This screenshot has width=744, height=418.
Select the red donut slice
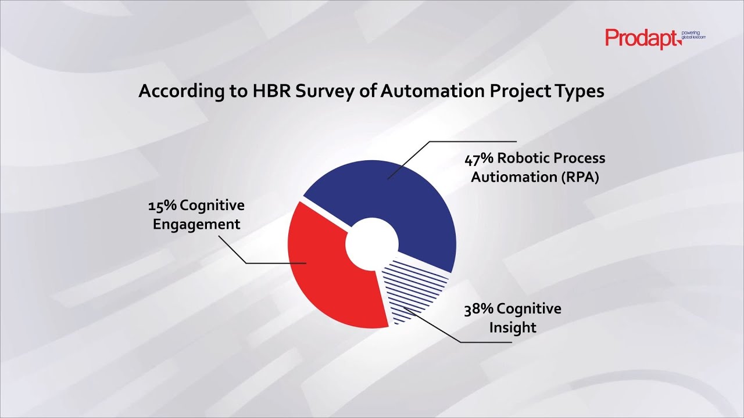[325, 273]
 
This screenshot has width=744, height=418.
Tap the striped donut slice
[416, 287]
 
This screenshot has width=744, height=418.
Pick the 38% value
[478, 309]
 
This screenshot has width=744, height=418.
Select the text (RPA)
[580, 177]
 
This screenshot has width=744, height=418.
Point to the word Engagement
[196, 225]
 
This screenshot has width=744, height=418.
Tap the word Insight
[512, 327]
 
